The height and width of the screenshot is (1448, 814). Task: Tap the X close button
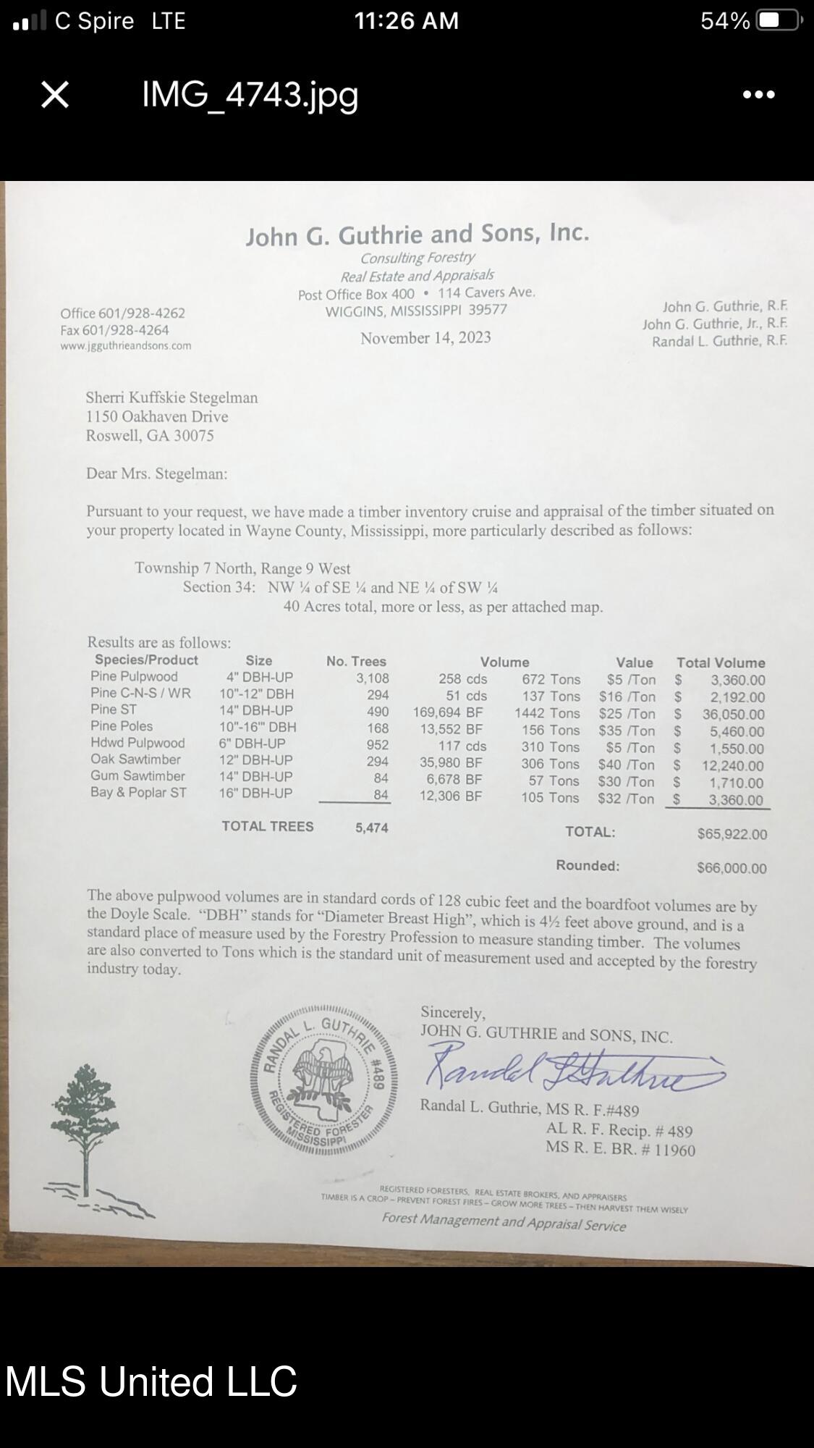pyautogui.click(x=55, y=94)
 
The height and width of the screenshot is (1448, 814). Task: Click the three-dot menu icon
pyautogui.click(x=758, y=94)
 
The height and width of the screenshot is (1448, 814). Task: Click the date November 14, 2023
pyautogui.click(x=425, y=338)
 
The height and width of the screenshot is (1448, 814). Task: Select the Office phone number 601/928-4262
pyautogui.click(x=123, y=313)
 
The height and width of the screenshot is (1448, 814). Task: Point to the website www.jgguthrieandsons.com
pyautogui.click(x=126, y=345)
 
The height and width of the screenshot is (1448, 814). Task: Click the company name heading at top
pyautogui.click(x=417, y=235)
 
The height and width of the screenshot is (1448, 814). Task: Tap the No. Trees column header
pyautogui.click(x=356, y=661)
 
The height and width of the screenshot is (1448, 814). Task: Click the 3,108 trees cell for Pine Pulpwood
pyautogui.click(x=372, y=678)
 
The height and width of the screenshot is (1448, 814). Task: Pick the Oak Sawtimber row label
pyautogui.click(x=135, y=759)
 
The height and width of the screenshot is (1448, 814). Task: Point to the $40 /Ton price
pyautogui.click(x=626, y=765)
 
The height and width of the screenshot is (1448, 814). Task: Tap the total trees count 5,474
pyautogui.click(x=371, y=828)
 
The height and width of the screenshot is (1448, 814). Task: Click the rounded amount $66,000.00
pyautogui.click(x=732, y=868)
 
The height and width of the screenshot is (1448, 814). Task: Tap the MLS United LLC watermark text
pyautogui.click(x=151, y=1381)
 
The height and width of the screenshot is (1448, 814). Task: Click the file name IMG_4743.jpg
pyautogui.click(x=250, y=94)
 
